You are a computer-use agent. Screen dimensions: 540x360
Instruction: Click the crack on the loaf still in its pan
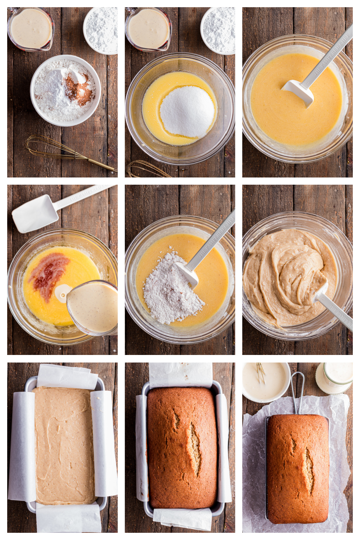pyautogui.click(x=194, y=446)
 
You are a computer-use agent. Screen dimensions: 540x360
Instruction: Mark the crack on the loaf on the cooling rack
pyautogui.click(x=309, y=470)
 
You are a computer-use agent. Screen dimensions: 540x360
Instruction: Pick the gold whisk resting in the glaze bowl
pyautogui.click(x=260, y=373)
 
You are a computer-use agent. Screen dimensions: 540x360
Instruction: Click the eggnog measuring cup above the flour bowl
pyautogui.click(x=31, y=29)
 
